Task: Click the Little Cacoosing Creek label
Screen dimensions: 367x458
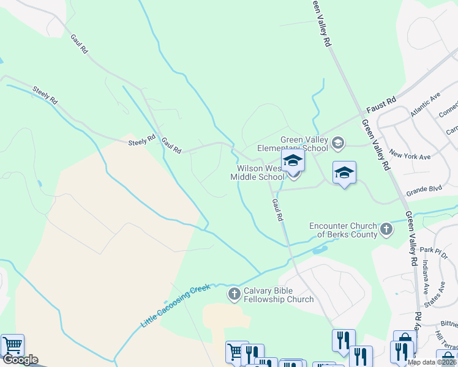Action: click(x=176, y=305)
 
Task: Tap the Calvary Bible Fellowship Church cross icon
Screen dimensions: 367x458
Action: click(x=234, y=295)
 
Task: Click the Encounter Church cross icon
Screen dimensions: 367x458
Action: click(x=386, y=229)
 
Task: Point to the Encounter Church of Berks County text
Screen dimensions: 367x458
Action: click(x=343, y=229)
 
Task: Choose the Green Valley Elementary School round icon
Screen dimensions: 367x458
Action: click(x=337, y=143)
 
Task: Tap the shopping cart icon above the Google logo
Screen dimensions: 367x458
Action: click(x=12, y=344)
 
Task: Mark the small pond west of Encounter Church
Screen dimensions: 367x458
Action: click(x=320, y=250)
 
